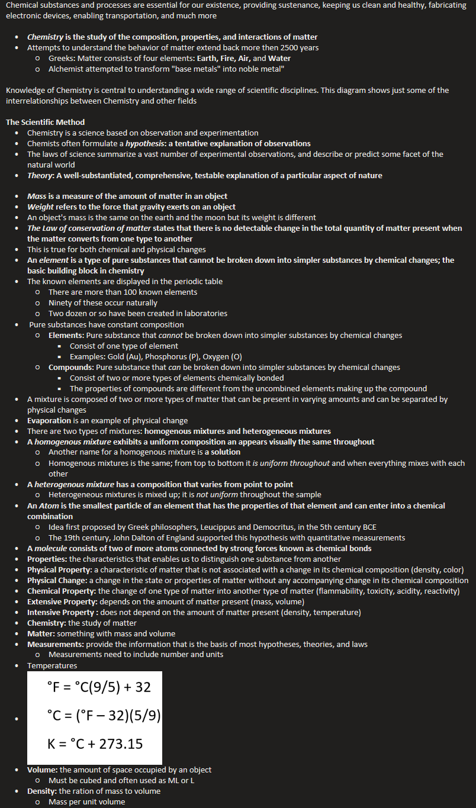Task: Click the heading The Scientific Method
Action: [45, 122]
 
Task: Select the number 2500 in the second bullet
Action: [291, 47]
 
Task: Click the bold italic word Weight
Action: [40, 207]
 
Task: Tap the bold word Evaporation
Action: [50, 420]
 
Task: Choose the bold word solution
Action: [226, 452]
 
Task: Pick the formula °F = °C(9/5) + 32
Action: [99, 687]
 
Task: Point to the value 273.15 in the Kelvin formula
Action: [121, 743]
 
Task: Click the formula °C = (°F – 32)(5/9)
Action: [103, 715]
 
